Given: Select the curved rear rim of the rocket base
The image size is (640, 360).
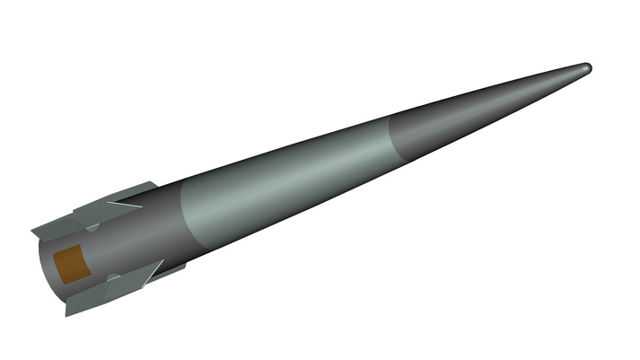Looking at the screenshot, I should click(46, 269).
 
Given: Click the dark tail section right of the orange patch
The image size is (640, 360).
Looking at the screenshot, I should click(135, 242).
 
